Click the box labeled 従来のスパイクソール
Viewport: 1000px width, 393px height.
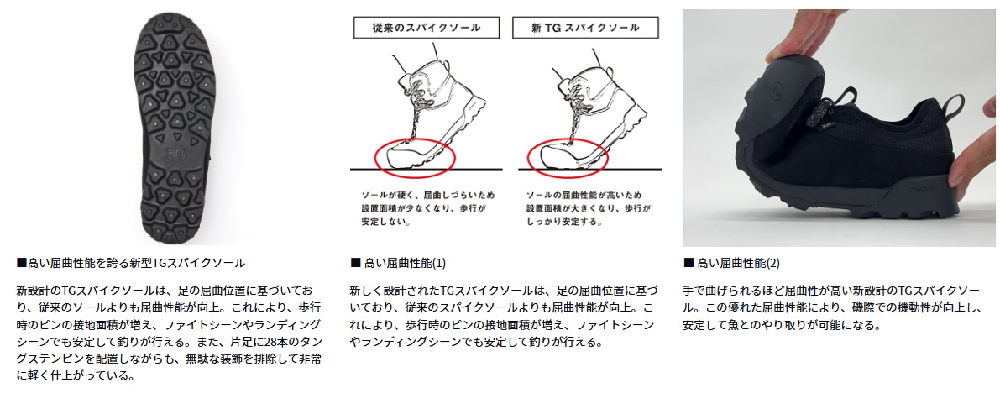pyautogui.click(x=427, y=28)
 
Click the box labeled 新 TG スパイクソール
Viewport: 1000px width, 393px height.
pyautogui.click(x=585, y=28)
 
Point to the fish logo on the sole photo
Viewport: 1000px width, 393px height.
pyautogui.click(x=174, y=153)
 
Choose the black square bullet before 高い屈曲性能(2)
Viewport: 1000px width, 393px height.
pyautogui.click(x=688, y=263)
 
